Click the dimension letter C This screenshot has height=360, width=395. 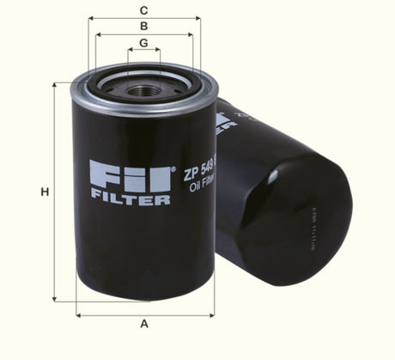point(144,10)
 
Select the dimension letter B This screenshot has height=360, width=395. point(144,27)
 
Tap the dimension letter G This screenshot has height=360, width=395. point(144,42)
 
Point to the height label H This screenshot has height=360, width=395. point(44,192)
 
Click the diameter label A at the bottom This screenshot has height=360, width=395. point(144,324)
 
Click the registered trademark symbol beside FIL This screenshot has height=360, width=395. point(174,167)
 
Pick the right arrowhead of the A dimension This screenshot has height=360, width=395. point(212,315)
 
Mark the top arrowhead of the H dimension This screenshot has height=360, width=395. point(57,85)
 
